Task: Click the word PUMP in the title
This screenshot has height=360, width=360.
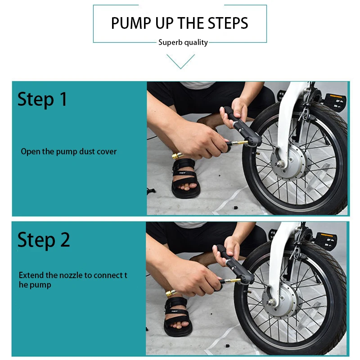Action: tap(131, 23)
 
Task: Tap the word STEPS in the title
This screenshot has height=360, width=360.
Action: tap(228, 23)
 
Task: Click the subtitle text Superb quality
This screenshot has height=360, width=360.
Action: tap(183, 43)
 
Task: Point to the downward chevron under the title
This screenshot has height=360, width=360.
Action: tap(181, 62)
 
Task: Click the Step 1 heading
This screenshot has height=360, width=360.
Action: tap(42, 99)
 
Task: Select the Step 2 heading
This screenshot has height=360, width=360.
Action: tap(44, 240)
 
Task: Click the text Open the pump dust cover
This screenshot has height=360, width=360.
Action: tap(69, 152)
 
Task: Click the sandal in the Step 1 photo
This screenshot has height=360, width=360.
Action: tap(185, 178)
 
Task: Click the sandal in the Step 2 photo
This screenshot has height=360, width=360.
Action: tap(177, 316)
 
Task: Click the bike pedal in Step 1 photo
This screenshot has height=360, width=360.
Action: tap(335, 100)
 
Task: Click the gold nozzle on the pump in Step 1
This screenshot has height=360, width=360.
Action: tap(239, 143)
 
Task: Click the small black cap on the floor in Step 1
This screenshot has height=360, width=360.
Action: tap(236, 208)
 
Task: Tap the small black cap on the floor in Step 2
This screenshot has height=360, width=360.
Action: tap(227, 346)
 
